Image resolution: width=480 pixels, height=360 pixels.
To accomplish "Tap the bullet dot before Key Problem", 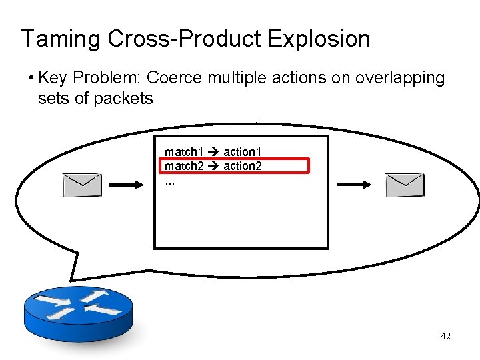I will click(31, 79).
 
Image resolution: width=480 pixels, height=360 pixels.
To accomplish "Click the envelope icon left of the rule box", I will click(82, 185).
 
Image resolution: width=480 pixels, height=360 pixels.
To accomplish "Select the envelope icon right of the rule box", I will click(405, 185).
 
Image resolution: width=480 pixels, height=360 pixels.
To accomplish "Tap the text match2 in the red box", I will click(184, 166).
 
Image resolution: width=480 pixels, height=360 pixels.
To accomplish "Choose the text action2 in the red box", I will click(242, 166).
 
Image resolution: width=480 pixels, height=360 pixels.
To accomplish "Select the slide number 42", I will click(445, 337).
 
